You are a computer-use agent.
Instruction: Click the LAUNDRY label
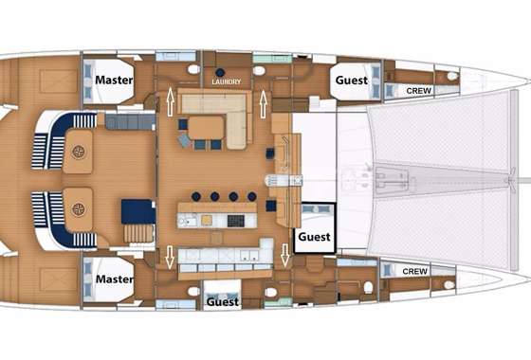[227, 81]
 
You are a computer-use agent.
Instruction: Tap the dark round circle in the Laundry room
[220, 72]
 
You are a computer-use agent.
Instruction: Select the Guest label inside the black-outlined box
[314, 237]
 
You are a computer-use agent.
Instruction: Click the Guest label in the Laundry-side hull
[352, 81]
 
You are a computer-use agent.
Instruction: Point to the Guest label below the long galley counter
[223, 301]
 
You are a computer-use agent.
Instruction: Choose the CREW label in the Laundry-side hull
[419, 91]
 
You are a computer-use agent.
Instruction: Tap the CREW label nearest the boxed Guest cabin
[415, 271]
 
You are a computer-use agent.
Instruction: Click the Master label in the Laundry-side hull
[114, 80]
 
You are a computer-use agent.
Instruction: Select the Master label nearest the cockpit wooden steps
[115, 279]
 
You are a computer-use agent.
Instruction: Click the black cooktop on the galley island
[236, 221]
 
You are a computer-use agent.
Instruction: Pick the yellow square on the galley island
[207, 221]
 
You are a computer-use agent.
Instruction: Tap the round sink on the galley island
[182, 222]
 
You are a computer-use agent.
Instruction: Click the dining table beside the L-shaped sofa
[207, 128]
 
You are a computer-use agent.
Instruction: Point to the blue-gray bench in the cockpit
[131, 122]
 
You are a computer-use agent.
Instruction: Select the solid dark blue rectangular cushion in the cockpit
[138, 211]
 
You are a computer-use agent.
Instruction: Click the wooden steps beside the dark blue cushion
[138, 233]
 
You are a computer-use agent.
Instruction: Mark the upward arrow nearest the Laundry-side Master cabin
[170, 101]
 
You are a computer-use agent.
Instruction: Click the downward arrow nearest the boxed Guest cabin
[285, 255]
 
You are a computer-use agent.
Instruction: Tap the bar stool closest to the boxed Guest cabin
[251, 196]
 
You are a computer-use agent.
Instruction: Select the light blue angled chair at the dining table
[185, 140]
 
